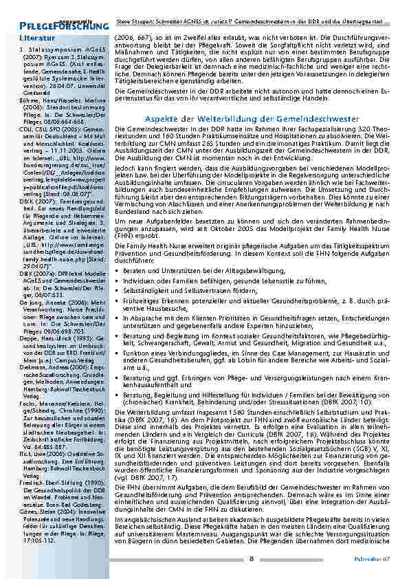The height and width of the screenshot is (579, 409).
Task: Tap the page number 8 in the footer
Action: (252, 558)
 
